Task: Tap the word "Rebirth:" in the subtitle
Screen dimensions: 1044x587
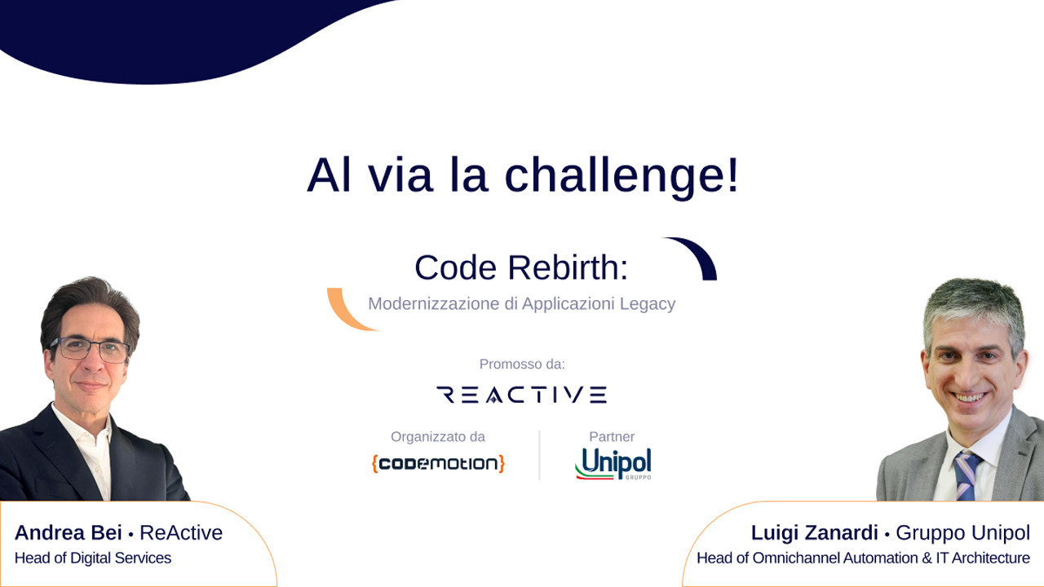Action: [x=568, y=268]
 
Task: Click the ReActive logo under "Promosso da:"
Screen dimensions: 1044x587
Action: [x=521, y=395]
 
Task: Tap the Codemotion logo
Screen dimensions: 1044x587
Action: [x=438, y=464]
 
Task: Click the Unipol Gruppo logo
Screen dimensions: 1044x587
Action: [x=613, y=464]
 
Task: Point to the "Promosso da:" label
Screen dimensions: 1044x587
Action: [x=522, y=364]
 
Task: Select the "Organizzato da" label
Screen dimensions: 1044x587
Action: [x=438, y=436]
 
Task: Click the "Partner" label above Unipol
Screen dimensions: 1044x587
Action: [x=612, y=436]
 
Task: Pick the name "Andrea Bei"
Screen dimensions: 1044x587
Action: [x=68, y=532]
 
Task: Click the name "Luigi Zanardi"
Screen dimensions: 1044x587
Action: [x=814, y=532]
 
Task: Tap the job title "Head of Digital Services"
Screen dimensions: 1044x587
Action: [x=93, y=558]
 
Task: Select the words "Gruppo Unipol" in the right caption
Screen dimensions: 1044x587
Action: [x=963, y=532]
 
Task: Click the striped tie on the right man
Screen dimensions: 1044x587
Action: [x=967, y=476]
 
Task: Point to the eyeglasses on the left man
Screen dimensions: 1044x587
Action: [x=91, y=349]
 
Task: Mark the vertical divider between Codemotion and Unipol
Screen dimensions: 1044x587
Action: [x=539, y=455]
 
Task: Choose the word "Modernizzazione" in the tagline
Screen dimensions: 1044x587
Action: [x=434, y=304]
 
